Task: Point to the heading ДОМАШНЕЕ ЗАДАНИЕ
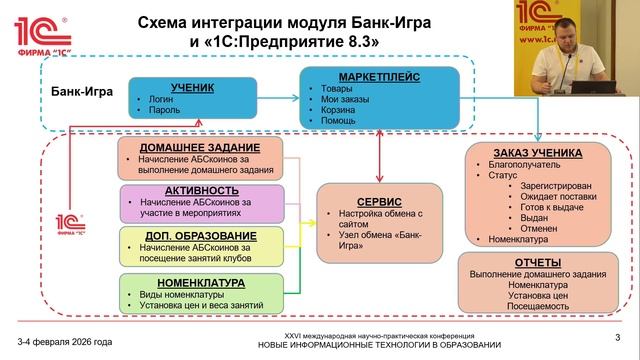tap(177, 146)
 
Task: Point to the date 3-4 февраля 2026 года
tap(64, 341)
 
